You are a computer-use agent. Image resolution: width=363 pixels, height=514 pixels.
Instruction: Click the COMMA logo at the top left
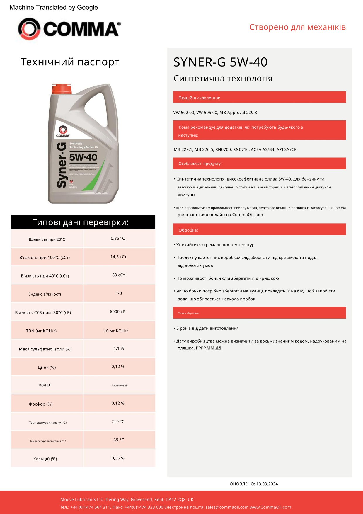pos(69,29)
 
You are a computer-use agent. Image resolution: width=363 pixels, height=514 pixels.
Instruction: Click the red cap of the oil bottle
pos(61,89)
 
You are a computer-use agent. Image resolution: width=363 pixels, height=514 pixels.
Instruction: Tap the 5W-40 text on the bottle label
pos(83,157)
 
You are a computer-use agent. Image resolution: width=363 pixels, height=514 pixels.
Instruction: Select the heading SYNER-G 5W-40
pos(220,62)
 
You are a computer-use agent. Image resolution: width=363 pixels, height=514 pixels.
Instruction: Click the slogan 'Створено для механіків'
pos(297,27)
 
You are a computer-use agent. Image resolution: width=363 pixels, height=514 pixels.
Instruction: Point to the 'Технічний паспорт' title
pos(70,62)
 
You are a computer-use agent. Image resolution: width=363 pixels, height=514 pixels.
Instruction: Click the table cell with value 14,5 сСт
pos(118,257)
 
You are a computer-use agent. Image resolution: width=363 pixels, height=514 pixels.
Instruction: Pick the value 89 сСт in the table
pos(118,275)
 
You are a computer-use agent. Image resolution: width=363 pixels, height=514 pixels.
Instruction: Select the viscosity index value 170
pos(118,293)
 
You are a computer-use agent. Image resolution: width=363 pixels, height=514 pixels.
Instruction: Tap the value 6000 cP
pos(117,312)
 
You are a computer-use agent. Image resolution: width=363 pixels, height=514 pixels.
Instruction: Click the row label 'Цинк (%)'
pos(47,367)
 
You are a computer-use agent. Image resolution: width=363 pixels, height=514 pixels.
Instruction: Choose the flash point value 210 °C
pos(118,421)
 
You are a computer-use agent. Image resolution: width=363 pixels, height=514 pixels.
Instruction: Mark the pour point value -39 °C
pos(118,440)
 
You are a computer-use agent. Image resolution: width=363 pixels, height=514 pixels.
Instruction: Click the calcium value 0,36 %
pos(118,458)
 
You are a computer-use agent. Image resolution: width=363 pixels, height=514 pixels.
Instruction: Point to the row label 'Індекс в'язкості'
pos(45,294)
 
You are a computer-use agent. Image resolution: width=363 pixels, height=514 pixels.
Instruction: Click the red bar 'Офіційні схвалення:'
pos(259,97)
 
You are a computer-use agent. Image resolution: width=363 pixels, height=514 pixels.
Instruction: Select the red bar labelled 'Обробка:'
pos(259,229)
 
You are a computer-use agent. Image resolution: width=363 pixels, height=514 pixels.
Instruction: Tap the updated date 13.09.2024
pos(267,484)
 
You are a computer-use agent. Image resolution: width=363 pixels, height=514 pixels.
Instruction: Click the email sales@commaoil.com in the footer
pos(227,507)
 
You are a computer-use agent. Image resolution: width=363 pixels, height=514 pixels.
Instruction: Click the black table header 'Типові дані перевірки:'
pos(83,222)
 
